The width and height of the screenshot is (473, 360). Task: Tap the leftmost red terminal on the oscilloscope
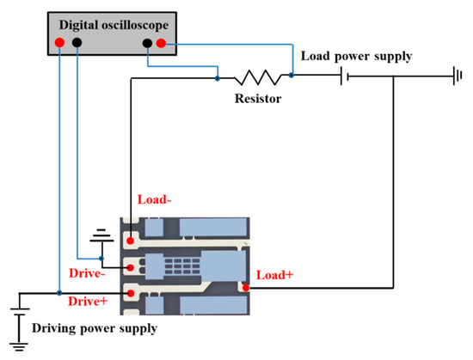[x=58, y=43]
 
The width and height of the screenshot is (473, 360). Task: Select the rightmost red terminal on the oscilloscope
[x=161, y=43]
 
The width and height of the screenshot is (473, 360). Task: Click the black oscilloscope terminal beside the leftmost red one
[x=77, y=43]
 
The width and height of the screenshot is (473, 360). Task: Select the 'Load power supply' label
[x=356, y=57]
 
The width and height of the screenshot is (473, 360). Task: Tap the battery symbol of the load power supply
[x=345, y=77]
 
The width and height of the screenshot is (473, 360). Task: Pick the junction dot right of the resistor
[x=292, y=76]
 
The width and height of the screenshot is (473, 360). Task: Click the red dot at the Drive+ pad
[x=131, y=294]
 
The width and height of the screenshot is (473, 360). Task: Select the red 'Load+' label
[x=275, y=276]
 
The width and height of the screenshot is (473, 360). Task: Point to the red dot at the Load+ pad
[x=246, y=288]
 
